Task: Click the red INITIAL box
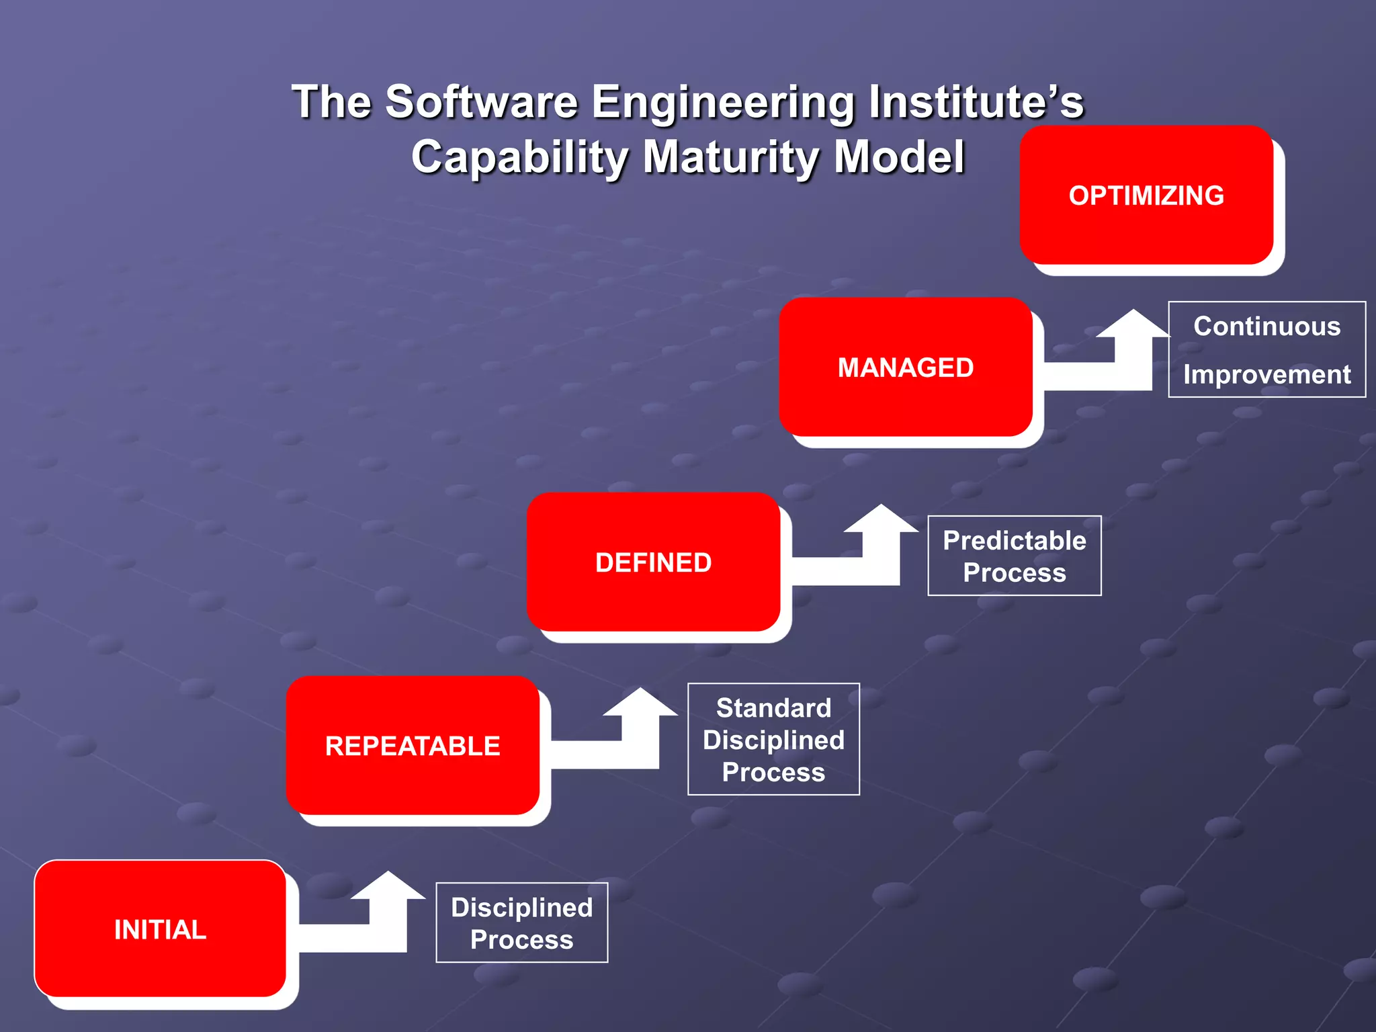[x=160, y=929]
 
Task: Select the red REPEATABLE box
[x=413, y=745]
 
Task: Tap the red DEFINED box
[x=653, y=562]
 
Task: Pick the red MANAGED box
[x=905, y=367]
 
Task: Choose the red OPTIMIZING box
[x=1146, y=195]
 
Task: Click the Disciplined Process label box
[x=522, y=922]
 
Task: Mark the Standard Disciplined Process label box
[x=773, y=739]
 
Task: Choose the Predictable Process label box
[x=1015, y=556]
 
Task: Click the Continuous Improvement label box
[x=1266, y=349]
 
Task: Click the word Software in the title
[x=481, y=102]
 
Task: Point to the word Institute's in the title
[x=976, y=102]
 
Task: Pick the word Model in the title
[x=899, y=156]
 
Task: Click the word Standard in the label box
[x=773, y=707]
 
